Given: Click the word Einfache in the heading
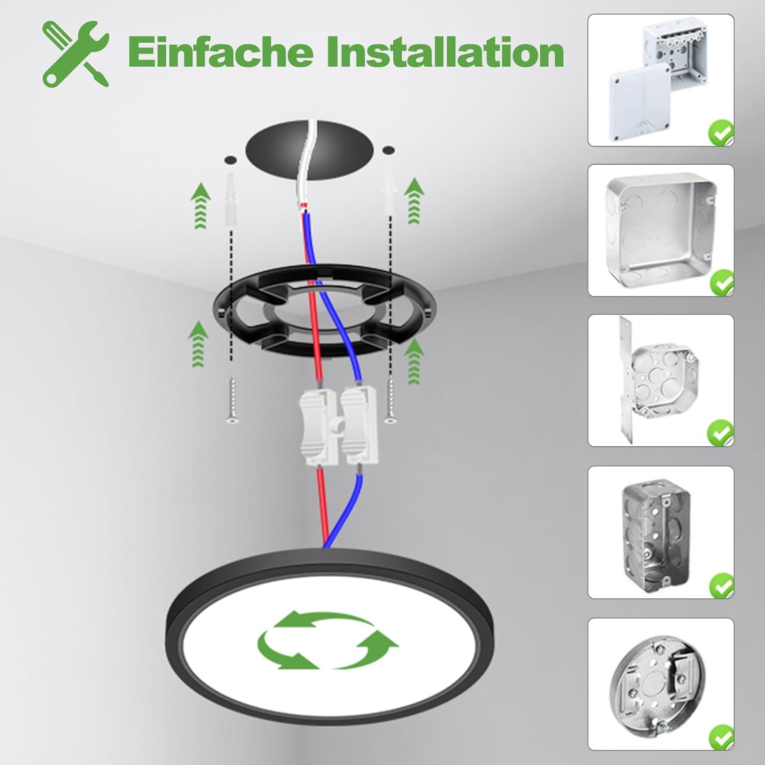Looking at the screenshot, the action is [219, 52].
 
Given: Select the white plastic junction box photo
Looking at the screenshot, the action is [661, 81].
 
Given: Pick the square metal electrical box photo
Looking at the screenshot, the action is [661, 230].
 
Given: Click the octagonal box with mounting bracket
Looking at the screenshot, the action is [661, 380].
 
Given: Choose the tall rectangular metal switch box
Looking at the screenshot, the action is [661, 532].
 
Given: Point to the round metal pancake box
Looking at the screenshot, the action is [661, 684].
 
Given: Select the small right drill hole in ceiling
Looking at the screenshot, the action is [389, 150].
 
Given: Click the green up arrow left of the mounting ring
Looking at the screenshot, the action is [198, 344].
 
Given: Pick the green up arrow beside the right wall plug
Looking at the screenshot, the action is [414, 201].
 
